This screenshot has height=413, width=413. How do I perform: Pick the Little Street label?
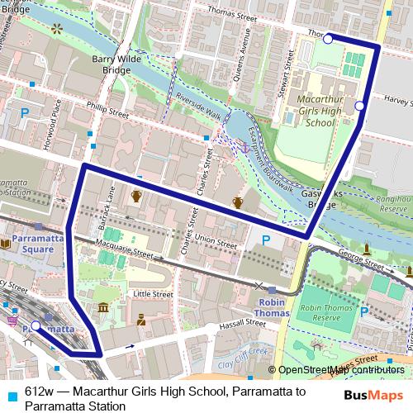click(153, 293)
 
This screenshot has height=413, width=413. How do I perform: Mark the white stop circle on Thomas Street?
click(328, 39)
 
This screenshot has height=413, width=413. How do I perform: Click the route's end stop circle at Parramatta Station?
click(36, 325)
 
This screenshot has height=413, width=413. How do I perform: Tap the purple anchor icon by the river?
click(244, 147)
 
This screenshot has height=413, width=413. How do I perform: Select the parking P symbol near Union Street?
click(265, 240)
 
